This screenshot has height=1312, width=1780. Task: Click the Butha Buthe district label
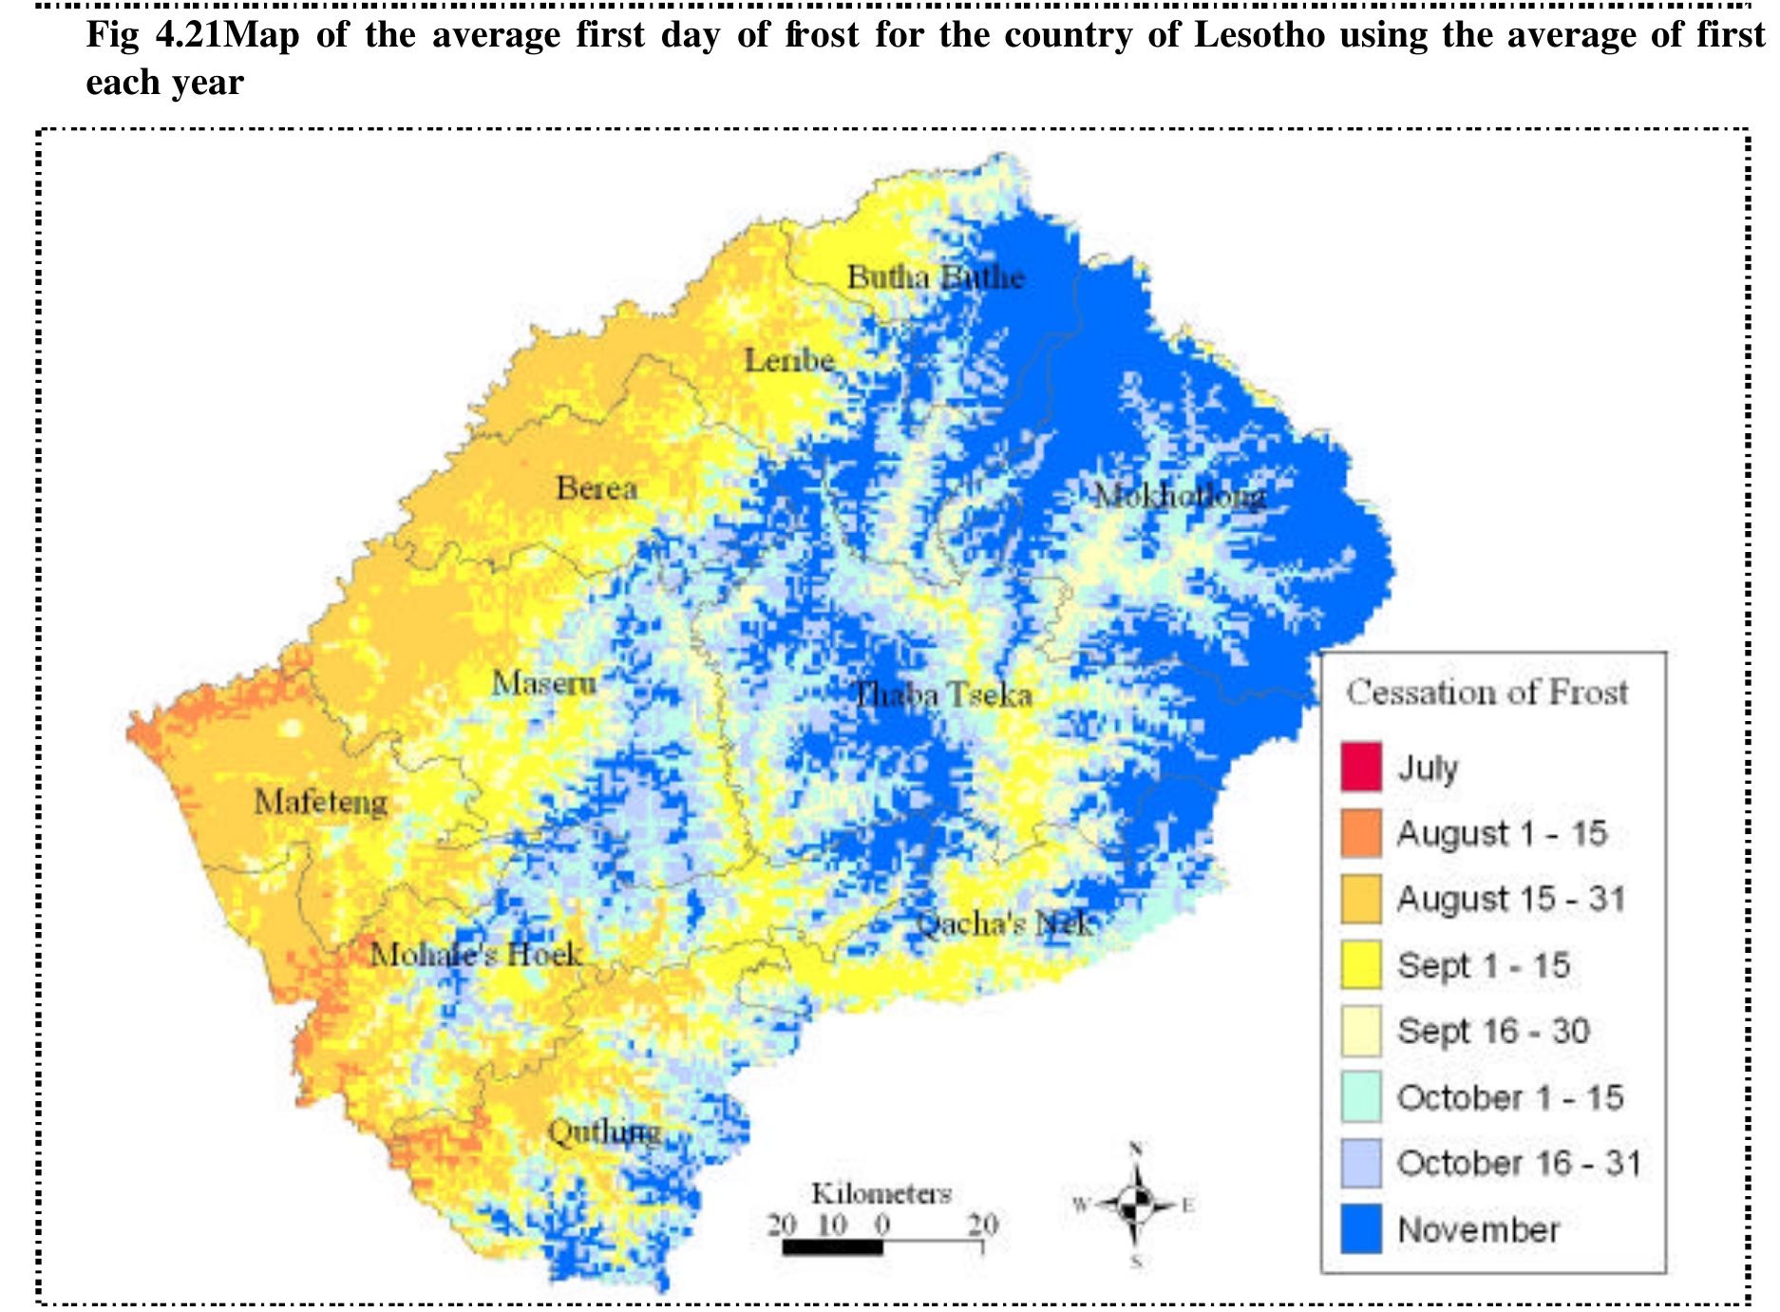(936, 277)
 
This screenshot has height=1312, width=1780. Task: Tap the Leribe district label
(788, 360)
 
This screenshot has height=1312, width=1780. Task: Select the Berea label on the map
(596, 488)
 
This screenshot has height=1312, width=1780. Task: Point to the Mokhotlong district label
(1179, 495)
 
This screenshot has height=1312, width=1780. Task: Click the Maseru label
(543, 682)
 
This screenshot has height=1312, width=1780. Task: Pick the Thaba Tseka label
(942, 694)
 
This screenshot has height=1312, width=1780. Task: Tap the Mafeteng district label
(321, 802)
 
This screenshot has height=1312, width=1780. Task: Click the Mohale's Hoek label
(475, 953)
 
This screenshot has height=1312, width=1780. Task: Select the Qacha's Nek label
(1003, 923)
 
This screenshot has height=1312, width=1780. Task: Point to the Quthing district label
(605, 1131)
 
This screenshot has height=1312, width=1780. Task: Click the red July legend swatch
(1360, 767)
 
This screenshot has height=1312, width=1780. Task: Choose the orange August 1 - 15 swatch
(1360, 833)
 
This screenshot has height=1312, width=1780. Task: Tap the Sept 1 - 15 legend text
(1483, 965)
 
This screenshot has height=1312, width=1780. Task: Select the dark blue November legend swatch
(1360, 1229)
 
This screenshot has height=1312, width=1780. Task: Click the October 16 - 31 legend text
(1518, 1163)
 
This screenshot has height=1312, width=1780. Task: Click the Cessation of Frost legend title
(1486, 692)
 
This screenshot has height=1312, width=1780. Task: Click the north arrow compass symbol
(1135, 1206)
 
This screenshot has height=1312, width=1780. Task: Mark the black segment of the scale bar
(832, 1247)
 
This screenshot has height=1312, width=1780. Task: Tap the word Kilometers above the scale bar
(881, 1193)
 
